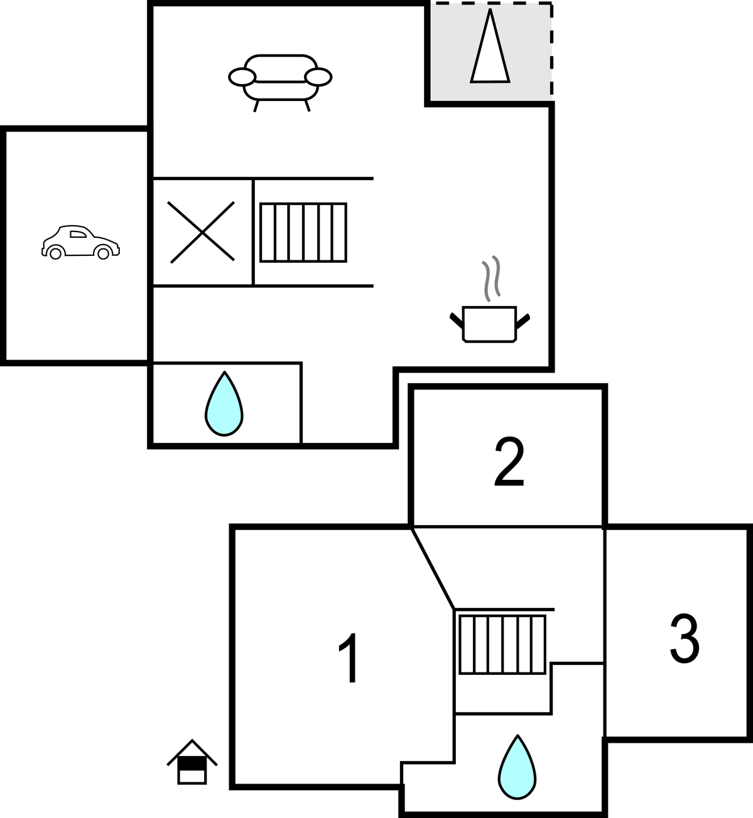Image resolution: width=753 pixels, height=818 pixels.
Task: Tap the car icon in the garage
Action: (80, 242)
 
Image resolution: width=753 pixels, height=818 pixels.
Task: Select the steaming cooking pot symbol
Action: (490, 299)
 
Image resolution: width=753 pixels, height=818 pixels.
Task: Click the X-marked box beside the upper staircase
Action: (202, 232)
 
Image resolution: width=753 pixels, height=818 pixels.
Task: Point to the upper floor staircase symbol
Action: (303, 233)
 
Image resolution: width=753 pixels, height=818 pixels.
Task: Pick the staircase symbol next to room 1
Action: (502, 645)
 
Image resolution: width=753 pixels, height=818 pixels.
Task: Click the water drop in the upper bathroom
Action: (224, 404)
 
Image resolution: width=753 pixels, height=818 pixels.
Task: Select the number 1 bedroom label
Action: (349, 658)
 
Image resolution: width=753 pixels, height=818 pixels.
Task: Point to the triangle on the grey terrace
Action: (490, 46)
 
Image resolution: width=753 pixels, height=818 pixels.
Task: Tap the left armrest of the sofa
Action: (242, 77)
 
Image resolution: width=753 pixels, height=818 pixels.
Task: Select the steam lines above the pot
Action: (491, 279)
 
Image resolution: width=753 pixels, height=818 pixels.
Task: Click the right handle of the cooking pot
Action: (523, 321)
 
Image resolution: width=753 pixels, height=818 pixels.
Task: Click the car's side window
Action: (78, 234)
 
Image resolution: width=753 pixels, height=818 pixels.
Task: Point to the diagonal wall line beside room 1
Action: (433, 568)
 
